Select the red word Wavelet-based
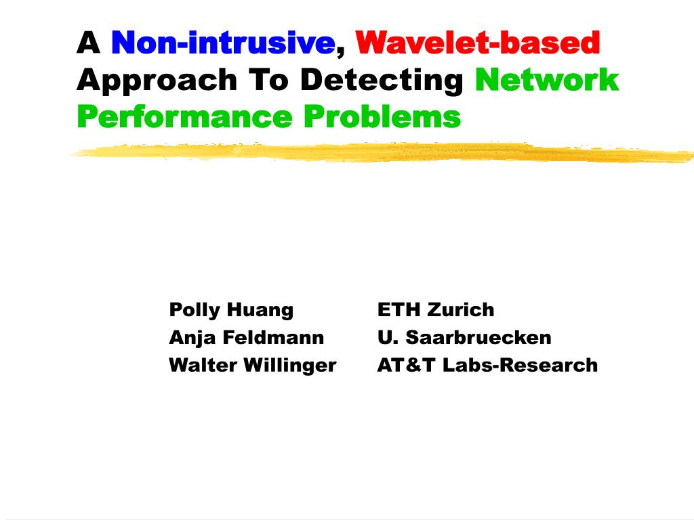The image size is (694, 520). (478, 43)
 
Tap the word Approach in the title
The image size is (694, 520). (157, 81)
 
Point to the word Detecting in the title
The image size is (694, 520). (382, 81)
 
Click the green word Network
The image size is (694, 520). (547, 80)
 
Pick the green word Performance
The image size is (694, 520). (184, 117)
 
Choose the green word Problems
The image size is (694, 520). (382, 116)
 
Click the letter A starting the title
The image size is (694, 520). (89, 43)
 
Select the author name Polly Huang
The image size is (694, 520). (231, 310)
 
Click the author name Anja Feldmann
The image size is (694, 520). (247, 338)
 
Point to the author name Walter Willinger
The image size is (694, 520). (253, 365)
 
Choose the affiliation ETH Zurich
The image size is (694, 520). (436, 309)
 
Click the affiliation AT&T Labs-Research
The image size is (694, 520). (488, 365)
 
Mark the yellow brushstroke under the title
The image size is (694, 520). (382, 152)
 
